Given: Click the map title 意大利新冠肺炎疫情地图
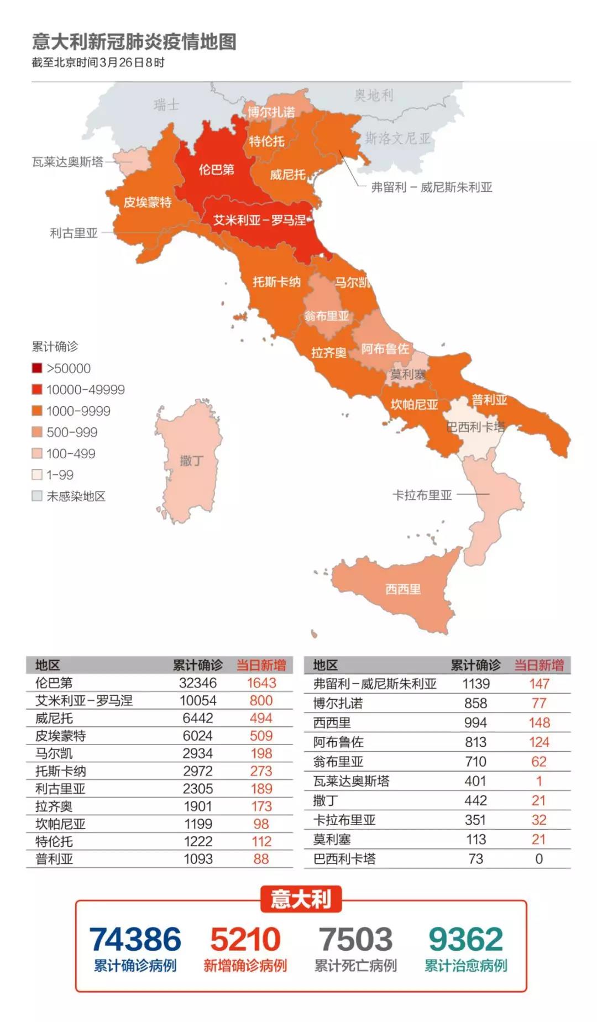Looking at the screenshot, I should click(x=134, y=41).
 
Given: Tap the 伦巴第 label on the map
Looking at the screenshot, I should click(x=216, y=169).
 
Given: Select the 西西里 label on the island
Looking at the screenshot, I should click(x=403, y=589).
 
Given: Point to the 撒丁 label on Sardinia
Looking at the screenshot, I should click(x=191, y=460).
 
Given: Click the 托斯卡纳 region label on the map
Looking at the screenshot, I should click(x=276, y=282).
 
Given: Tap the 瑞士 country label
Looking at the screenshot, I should click(x=166, y=104).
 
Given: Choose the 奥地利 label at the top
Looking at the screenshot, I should click(x=374, y=95).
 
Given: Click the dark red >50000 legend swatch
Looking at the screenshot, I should click(x=37, y=368).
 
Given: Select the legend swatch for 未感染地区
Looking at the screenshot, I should click(x=37, y=496).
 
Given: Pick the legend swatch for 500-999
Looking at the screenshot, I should click(x=37, y=432).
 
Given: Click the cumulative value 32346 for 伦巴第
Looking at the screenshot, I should click(x=198, y=683).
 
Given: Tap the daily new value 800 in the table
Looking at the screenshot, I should click(x=261, y=701).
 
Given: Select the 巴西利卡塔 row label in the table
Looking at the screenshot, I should click(x=344, y=859).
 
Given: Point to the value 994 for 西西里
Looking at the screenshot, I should click(x=475, y=723).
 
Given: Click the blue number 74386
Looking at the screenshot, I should click(x=135, y=939).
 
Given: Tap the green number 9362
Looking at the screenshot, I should click(x=465, y=939).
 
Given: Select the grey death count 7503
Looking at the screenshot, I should click(x=355, y=939).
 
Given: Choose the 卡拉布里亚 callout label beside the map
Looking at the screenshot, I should click(x=422, y=495).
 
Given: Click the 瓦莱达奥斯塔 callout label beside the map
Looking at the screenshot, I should click(x=67, y=162).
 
